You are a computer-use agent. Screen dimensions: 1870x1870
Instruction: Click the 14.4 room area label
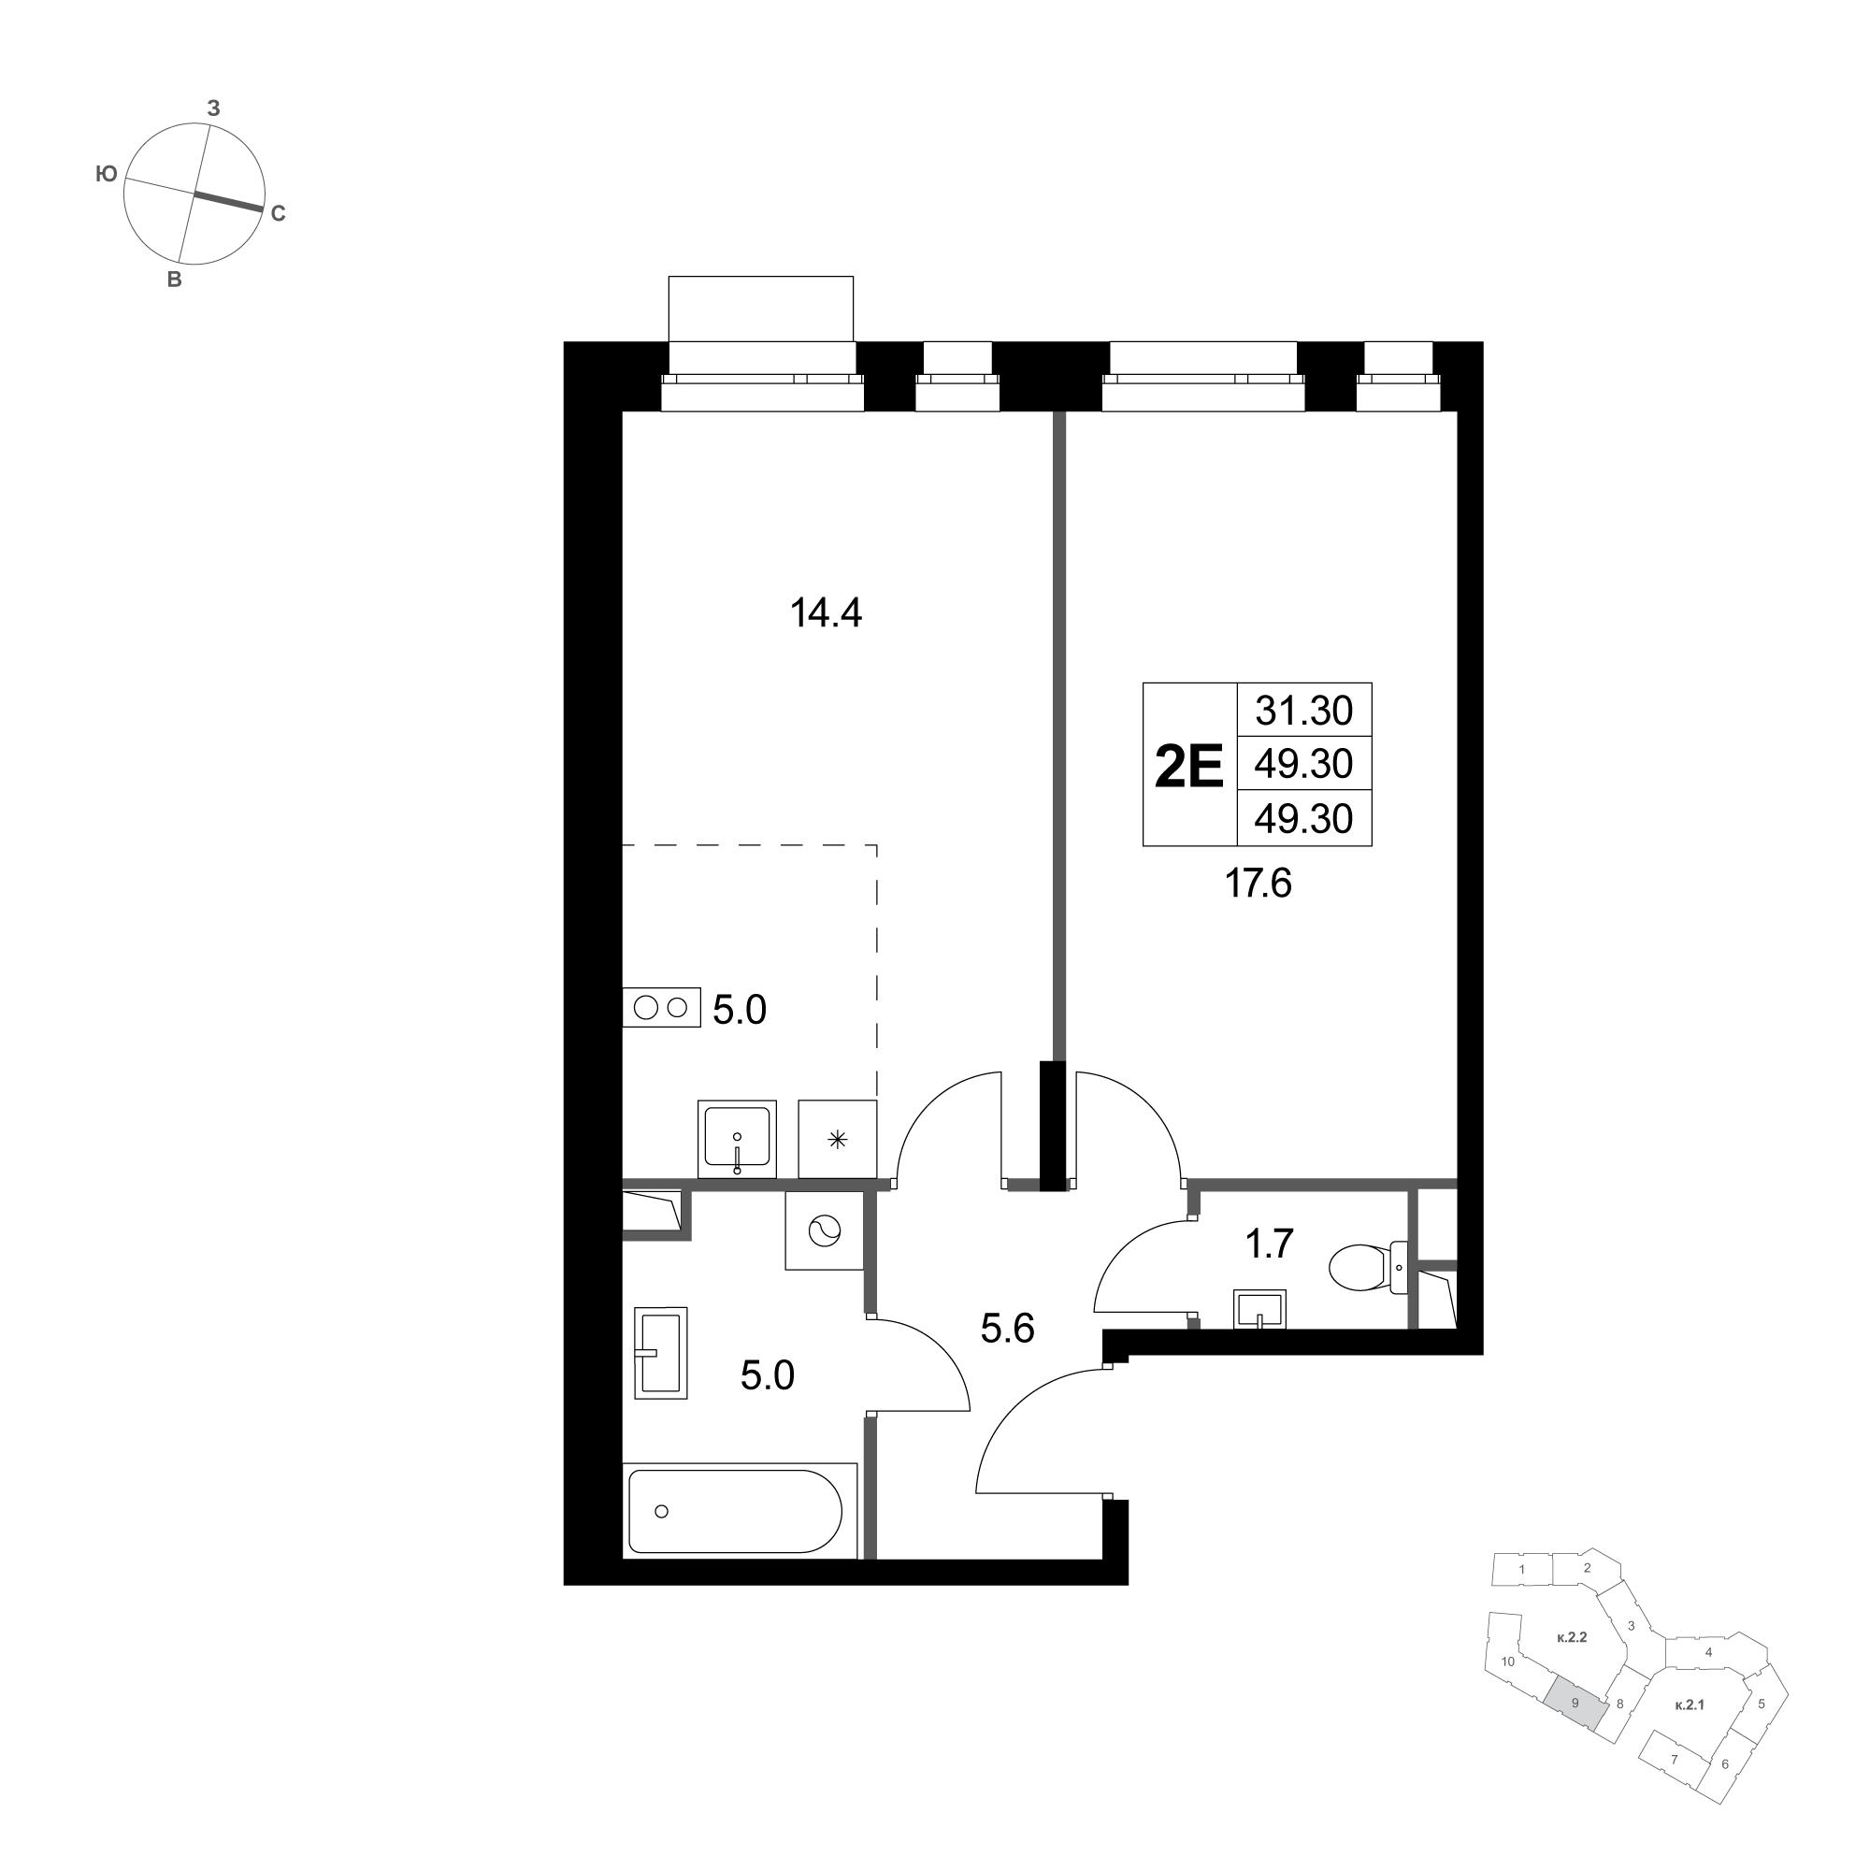(826, 613)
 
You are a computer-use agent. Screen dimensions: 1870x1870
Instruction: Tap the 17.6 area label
(1259, 883)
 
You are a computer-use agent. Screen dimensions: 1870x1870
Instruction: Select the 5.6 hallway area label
(1008, 1329)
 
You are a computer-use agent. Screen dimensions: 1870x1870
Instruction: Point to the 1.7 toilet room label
(1269, 1244)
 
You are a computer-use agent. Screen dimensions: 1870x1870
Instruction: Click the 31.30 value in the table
(1303, 712)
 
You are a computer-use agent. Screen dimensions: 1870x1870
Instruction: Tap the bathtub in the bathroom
(737, 1511)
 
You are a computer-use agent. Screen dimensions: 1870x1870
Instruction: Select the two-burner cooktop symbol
(661, 1008)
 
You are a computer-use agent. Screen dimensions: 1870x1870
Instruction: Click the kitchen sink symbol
(737, 1138)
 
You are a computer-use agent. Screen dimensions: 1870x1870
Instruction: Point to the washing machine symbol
(823, 1230)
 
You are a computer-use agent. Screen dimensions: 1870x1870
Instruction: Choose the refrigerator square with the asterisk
(837, 1139)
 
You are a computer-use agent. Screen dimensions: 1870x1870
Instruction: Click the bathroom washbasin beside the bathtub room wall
(660, 1352)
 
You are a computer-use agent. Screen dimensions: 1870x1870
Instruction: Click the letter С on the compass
(278, 215)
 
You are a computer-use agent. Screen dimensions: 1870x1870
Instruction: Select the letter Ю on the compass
(107, 174)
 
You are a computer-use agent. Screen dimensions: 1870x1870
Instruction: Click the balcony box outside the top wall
(761, 309)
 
